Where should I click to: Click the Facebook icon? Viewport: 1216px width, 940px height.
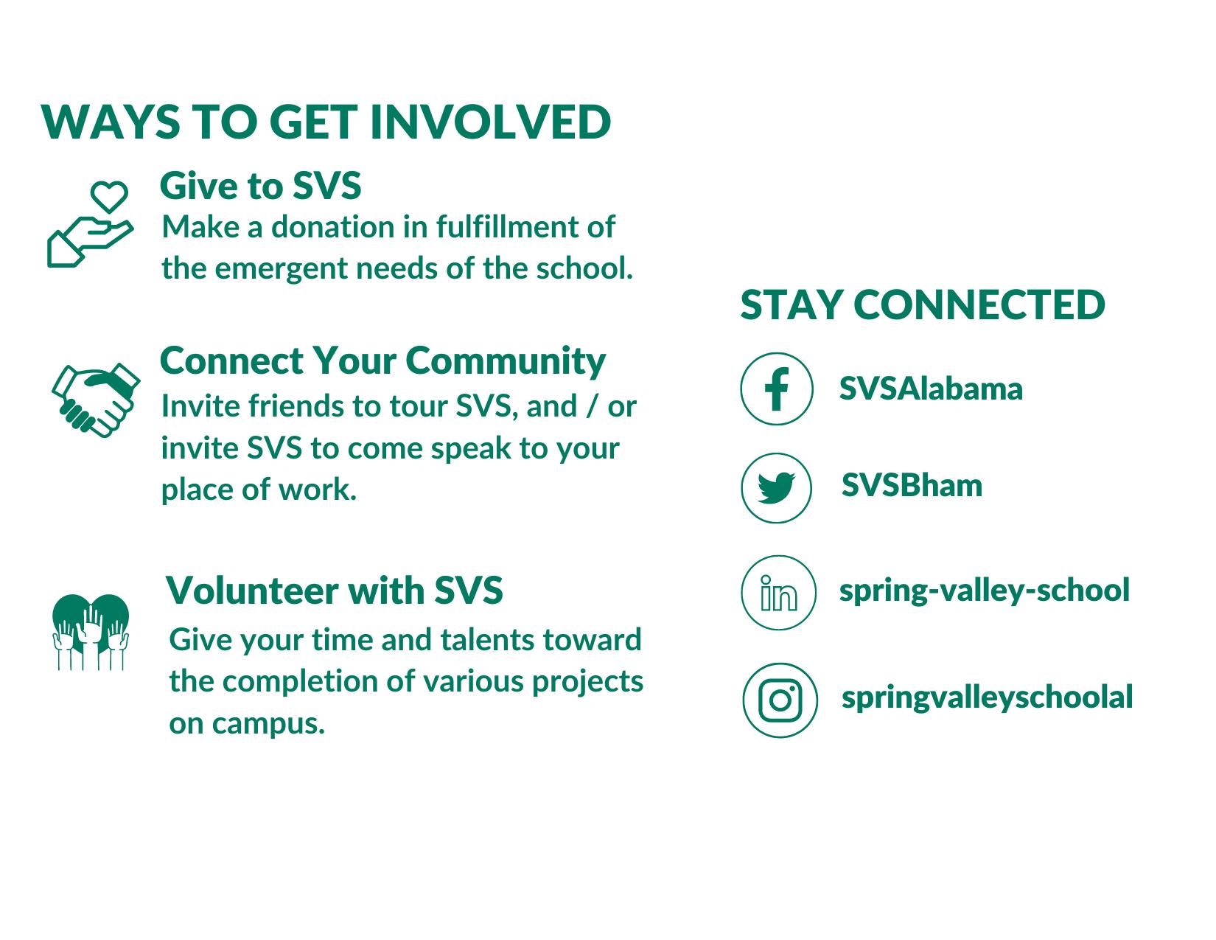776,389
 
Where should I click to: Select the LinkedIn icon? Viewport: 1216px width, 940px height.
778,593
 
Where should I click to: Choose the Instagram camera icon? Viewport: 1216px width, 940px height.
780,700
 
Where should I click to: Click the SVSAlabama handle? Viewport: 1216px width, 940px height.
931,389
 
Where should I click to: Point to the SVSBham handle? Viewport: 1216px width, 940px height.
912,485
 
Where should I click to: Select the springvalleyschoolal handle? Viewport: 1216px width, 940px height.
987,697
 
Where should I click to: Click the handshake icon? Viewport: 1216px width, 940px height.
96,400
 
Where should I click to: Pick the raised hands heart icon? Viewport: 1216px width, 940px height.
91,632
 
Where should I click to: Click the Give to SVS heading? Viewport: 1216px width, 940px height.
260,185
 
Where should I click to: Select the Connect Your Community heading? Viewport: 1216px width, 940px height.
382,362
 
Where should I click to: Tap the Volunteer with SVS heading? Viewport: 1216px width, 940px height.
334,590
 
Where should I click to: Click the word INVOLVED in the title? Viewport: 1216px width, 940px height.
490,122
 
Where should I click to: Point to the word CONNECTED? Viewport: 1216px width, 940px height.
979,305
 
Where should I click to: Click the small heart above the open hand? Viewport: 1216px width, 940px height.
109,196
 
